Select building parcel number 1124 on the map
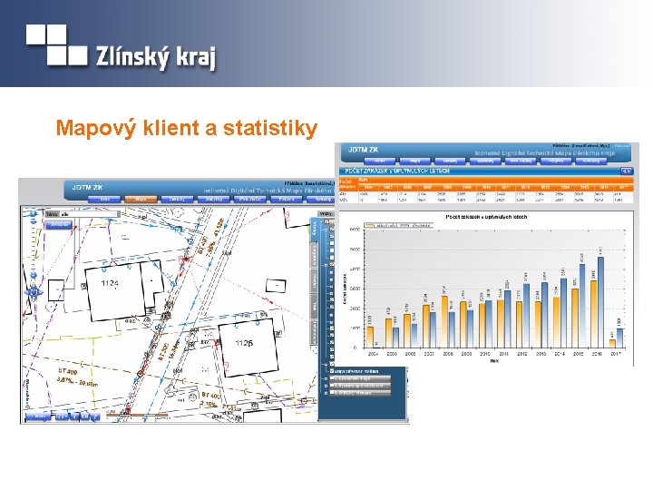tap(110, 284)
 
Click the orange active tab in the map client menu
tap(141, 199)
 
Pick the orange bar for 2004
tap(370, 335)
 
